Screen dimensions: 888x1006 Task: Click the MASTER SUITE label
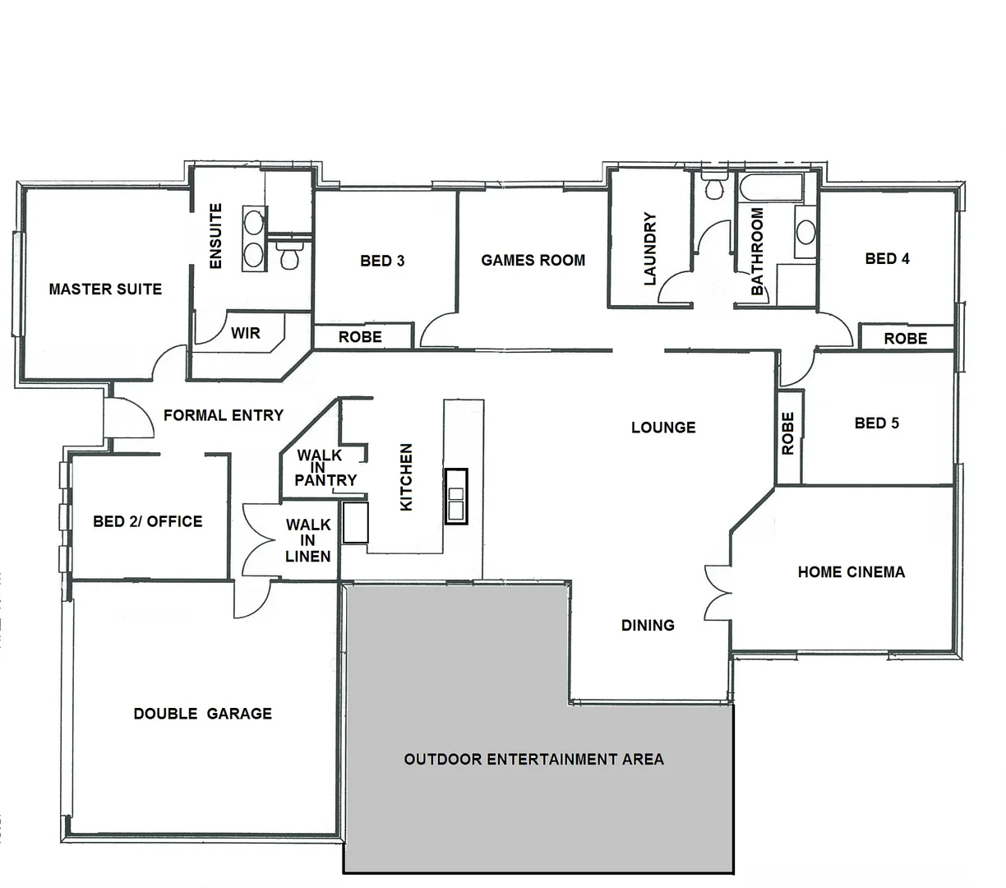105,289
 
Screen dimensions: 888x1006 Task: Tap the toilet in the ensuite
288,256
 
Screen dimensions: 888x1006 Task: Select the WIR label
245,333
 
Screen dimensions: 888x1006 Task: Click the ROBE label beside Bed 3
360,336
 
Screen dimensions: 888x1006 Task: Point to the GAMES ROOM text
533,261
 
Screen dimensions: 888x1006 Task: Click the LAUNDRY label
650,249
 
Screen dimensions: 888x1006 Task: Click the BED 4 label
887,259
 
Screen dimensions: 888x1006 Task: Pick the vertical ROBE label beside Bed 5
788,434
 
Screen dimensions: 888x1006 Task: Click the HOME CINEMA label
851,572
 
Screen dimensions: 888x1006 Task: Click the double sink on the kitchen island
455,496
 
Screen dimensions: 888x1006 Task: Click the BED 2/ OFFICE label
147,521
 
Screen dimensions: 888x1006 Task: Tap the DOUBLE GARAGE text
202,714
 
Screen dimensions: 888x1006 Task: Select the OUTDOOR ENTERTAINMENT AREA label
533,759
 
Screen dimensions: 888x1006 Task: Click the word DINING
648,626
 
